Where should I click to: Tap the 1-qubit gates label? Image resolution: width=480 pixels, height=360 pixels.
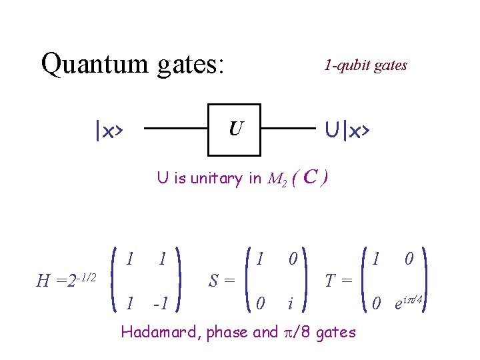[x=365, y=65]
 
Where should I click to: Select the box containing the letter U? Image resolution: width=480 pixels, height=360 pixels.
[x=234, y=129]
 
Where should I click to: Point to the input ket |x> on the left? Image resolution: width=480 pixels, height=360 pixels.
[x=108, y=131]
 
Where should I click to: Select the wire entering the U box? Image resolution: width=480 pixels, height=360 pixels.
[x=175, y=129]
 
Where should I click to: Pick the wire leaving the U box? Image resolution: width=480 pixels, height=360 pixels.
[x=288, y=129]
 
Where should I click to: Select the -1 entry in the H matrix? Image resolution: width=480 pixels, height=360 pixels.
[x=160, y=304]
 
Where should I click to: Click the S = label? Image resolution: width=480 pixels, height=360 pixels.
[x=221, y=281]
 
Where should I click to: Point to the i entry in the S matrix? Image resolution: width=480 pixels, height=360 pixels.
[x=290, y=304]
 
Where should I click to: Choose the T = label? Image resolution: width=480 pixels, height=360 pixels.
[x=338, y=281]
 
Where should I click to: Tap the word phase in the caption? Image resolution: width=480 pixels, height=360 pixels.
[x=225, y=332]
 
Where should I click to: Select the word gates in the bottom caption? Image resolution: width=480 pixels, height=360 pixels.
[x=334, y=332]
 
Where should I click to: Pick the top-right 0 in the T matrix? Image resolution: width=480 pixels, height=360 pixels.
[x=409, y=257]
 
